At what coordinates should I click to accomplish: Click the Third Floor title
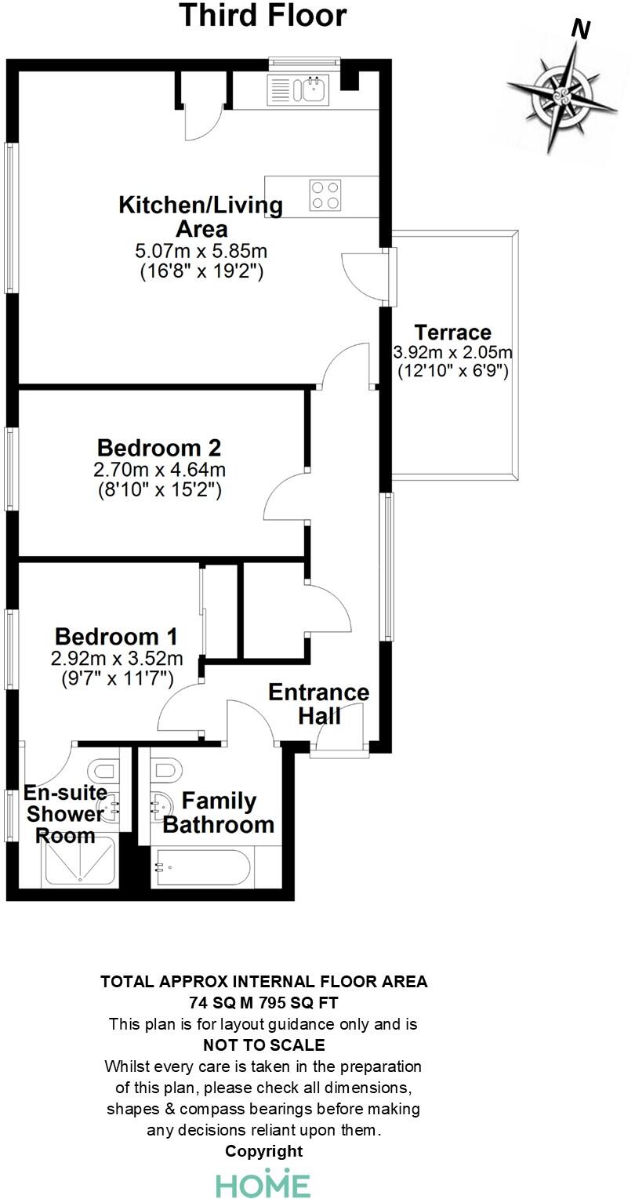263,16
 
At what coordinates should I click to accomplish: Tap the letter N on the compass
580,29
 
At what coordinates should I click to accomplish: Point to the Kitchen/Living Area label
200,217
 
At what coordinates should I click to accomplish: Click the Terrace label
452,332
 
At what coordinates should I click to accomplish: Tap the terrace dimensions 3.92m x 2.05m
452,352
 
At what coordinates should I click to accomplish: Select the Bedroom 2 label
158,449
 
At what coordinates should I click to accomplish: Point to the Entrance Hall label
318,703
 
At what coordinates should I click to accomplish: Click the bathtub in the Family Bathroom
201,867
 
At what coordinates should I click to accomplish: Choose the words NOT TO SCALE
263,1045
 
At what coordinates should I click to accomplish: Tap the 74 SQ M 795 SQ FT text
263,1002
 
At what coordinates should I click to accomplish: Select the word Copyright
263,1150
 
